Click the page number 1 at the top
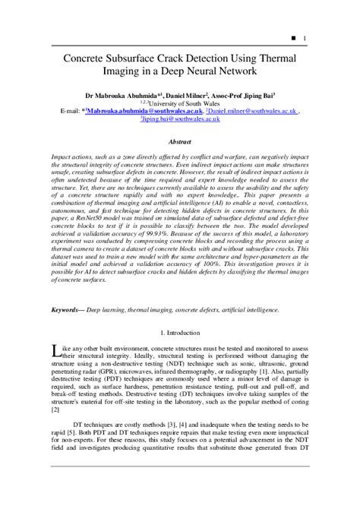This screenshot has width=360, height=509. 305,38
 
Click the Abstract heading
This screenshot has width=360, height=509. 179,141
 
